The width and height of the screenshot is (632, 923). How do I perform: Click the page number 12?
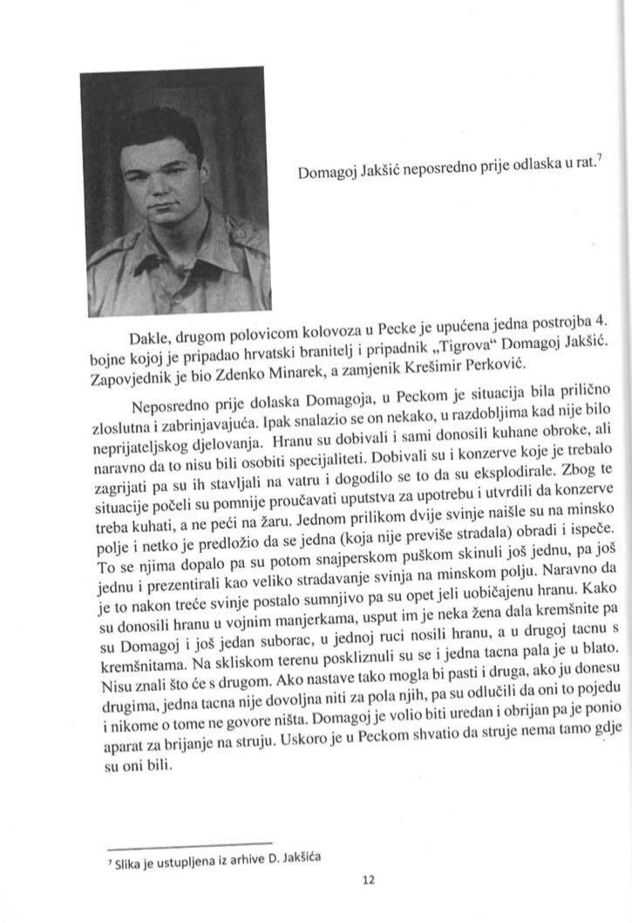coord(368,880)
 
